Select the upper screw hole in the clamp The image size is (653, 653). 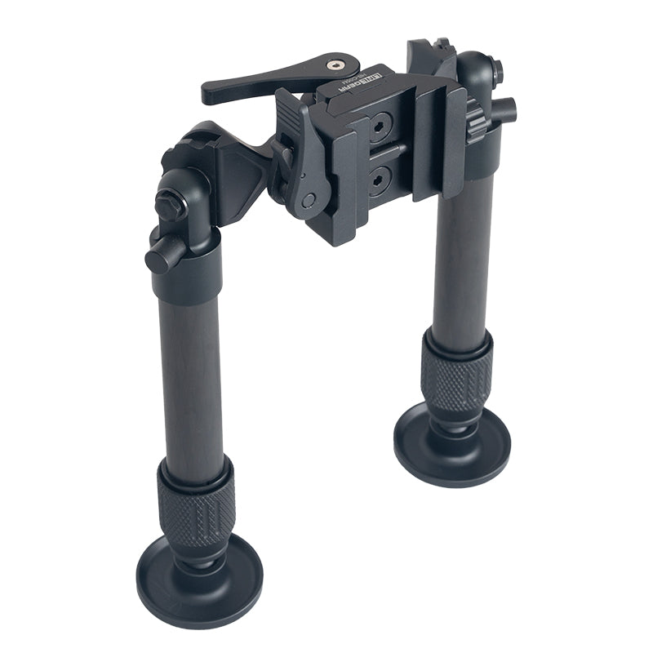point(378,127)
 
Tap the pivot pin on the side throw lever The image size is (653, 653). point(307,201)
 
